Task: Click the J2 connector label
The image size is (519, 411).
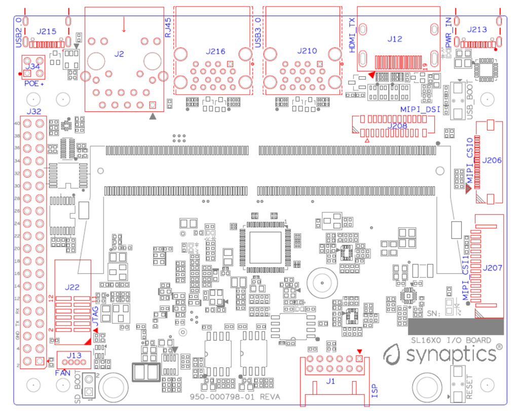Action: (119, 53)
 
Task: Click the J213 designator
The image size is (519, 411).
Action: (477, 30)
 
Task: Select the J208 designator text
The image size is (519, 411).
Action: (398, 126)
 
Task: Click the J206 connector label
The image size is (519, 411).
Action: (492, 160)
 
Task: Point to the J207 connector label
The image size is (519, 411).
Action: (492, 267)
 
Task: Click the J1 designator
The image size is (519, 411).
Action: (330, 381)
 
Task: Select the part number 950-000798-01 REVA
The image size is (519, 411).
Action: (235, 397)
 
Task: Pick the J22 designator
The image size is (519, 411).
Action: (72, 287)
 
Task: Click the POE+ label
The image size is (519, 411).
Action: (34, 83)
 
